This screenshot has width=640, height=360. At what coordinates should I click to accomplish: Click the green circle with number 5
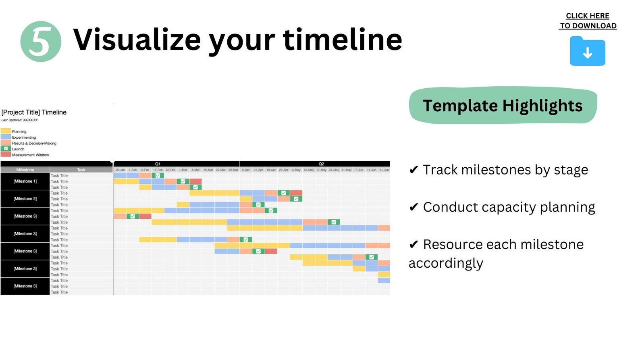(x=41, y=42)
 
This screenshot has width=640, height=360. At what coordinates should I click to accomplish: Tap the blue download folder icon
(x=587, y=52)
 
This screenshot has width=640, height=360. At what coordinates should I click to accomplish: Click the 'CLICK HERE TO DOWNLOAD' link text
(x=588, y=21)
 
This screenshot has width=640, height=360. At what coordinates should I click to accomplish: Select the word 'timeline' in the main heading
(x=343, y=40)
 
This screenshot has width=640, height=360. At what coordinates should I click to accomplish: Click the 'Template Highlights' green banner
(x=503, y=106)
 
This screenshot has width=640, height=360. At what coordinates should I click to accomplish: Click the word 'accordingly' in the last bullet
(x=446, y=263)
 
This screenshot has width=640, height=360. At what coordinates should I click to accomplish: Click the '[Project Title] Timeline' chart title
(x=34, y=112)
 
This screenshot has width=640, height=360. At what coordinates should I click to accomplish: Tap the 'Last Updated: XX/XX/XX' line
(x=19, y=120)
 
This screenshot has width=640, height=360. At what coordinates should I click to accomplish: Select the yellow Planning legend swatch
(x=6, y=131)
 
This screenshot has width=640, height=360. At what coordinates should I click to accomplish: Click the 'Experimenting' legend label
(x=24, y=137)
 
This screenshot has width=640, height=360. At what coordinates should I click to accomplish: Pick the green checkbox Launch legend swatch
(x=6, y=149)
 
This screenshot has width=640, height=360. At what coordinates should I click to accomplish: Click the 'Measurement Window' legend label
(x=31, y=155)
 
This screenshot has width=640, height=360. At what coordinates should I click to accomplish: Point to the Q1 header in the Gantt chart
(x=158, y=164)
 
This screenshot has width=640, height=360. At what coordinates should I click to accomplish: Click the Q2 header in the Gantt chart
(x=321, y=164)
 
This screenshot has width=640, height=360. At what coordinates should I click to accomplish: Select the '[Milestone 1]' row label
(x=25, y=181)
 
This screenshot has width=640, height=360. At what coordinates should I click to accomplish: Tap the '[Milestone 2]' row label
(x=25, y=199)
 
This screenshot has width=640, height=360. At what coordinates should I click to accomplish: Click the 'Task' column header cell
(x=81, y=170)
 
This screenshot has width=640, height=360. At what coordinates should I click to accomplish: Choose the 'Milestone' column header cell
(x=25, y=170)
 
